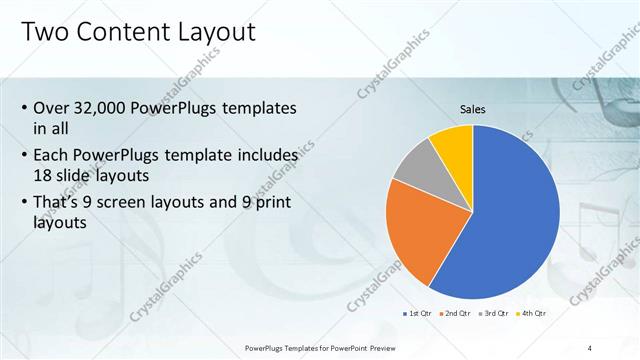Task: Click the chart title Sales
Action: coord(473,109)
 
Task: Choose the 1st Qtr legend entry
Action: coord(419,314)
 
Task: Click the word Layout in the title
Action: coord(217,32)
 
